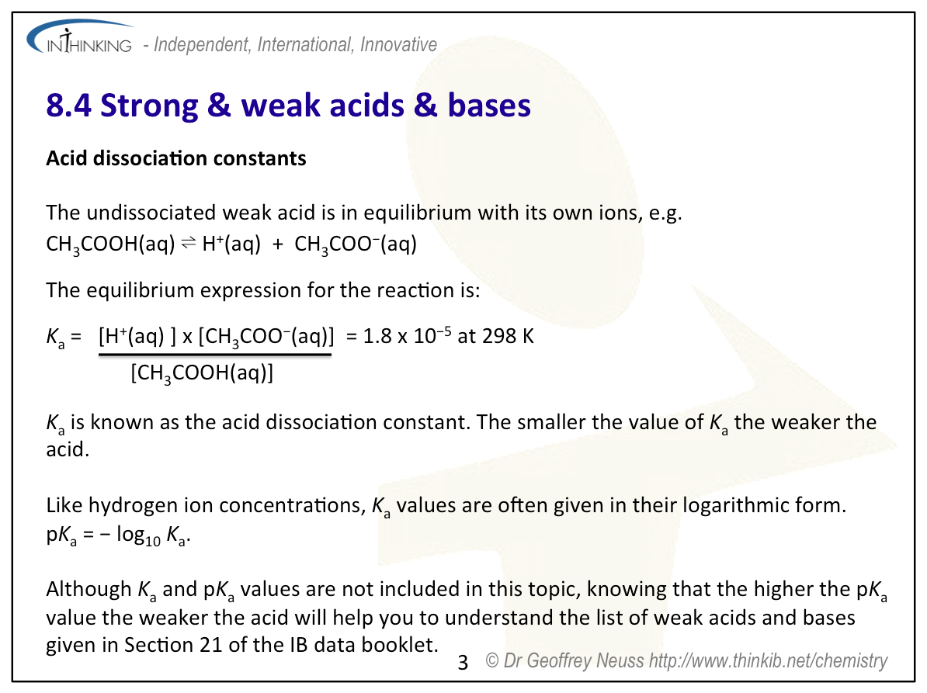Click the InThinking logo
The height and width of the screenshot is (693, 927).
point(80,37)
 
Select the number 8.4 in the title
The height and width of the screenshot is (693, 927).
point(68,106)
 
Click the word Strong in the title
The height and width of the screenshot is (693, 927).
point(149,106)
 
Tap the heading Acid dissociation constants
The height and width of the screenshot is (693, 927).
point(176,158)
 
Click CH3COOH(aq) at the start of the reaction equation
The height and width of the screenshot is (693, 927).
point(110,244)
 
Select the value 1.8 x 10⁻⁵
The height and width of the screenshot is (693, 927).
point(408,335)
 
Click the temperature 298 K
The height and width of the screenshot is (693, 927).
point(508,335)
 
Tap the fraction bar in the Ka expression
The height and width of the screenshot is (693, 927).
point(214,355)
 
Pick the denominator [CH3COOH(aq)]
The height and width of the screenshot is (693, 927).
point(202,373)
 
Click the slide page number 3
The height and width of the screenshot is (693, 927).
point(463,663)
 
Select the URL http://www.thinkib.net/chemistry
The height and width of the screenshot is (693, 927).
point(768,660)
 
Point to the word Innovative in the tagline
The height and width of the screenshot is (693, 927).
point(398,44)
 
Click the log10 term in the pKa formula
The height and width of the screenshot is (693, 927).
point(138,535)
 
